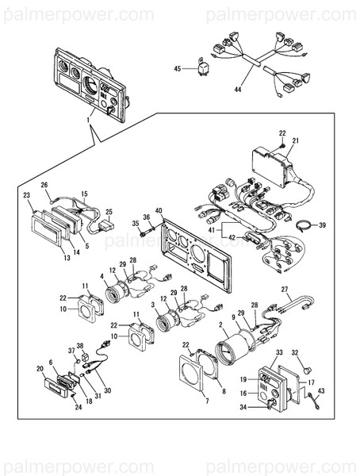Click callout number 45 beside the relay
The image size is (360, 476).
(177, 70)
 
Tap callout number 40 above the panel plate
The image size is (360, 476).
(159, 211)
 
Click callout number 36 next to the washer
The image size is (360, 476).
(146, 217)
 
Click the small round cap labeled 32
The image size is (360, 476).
(308, 367)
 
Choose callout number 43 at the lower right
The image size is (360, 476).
(322, 391)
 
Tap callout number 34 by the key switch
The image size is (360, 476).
(243, 408)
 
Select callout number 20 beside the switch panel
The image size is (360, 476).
(40, 369)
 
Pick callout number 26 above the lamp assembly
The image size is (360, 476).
(44, 185)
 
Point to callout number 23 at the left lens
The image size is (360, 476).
(26, 195)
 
